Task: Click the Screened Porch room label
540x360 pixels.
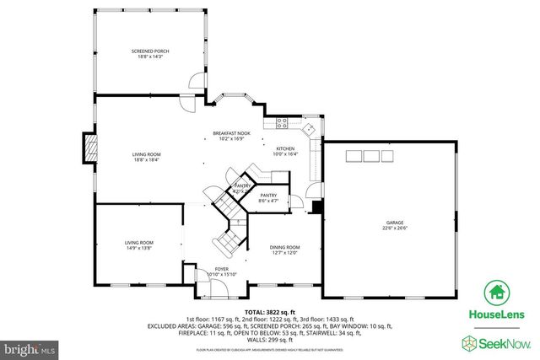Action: click(x=150, y=51)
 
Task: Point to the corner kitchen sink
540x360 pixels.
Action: click(x=310, y=130)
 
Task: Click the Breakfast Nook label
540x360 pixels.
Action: click(x=231, y=134)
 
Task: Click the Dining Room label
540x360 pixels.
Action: click(x=284, y=247)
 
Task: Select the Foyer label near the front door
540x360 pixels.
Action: click(x=221, y=269)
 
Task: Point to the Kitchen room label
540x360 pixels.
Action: click(x=286, y=149)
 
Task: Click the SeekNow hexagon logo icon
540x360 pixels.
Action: click(x=468, y=341)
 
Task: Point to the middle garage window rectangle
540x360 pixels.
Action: click(x=370, y=155)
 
